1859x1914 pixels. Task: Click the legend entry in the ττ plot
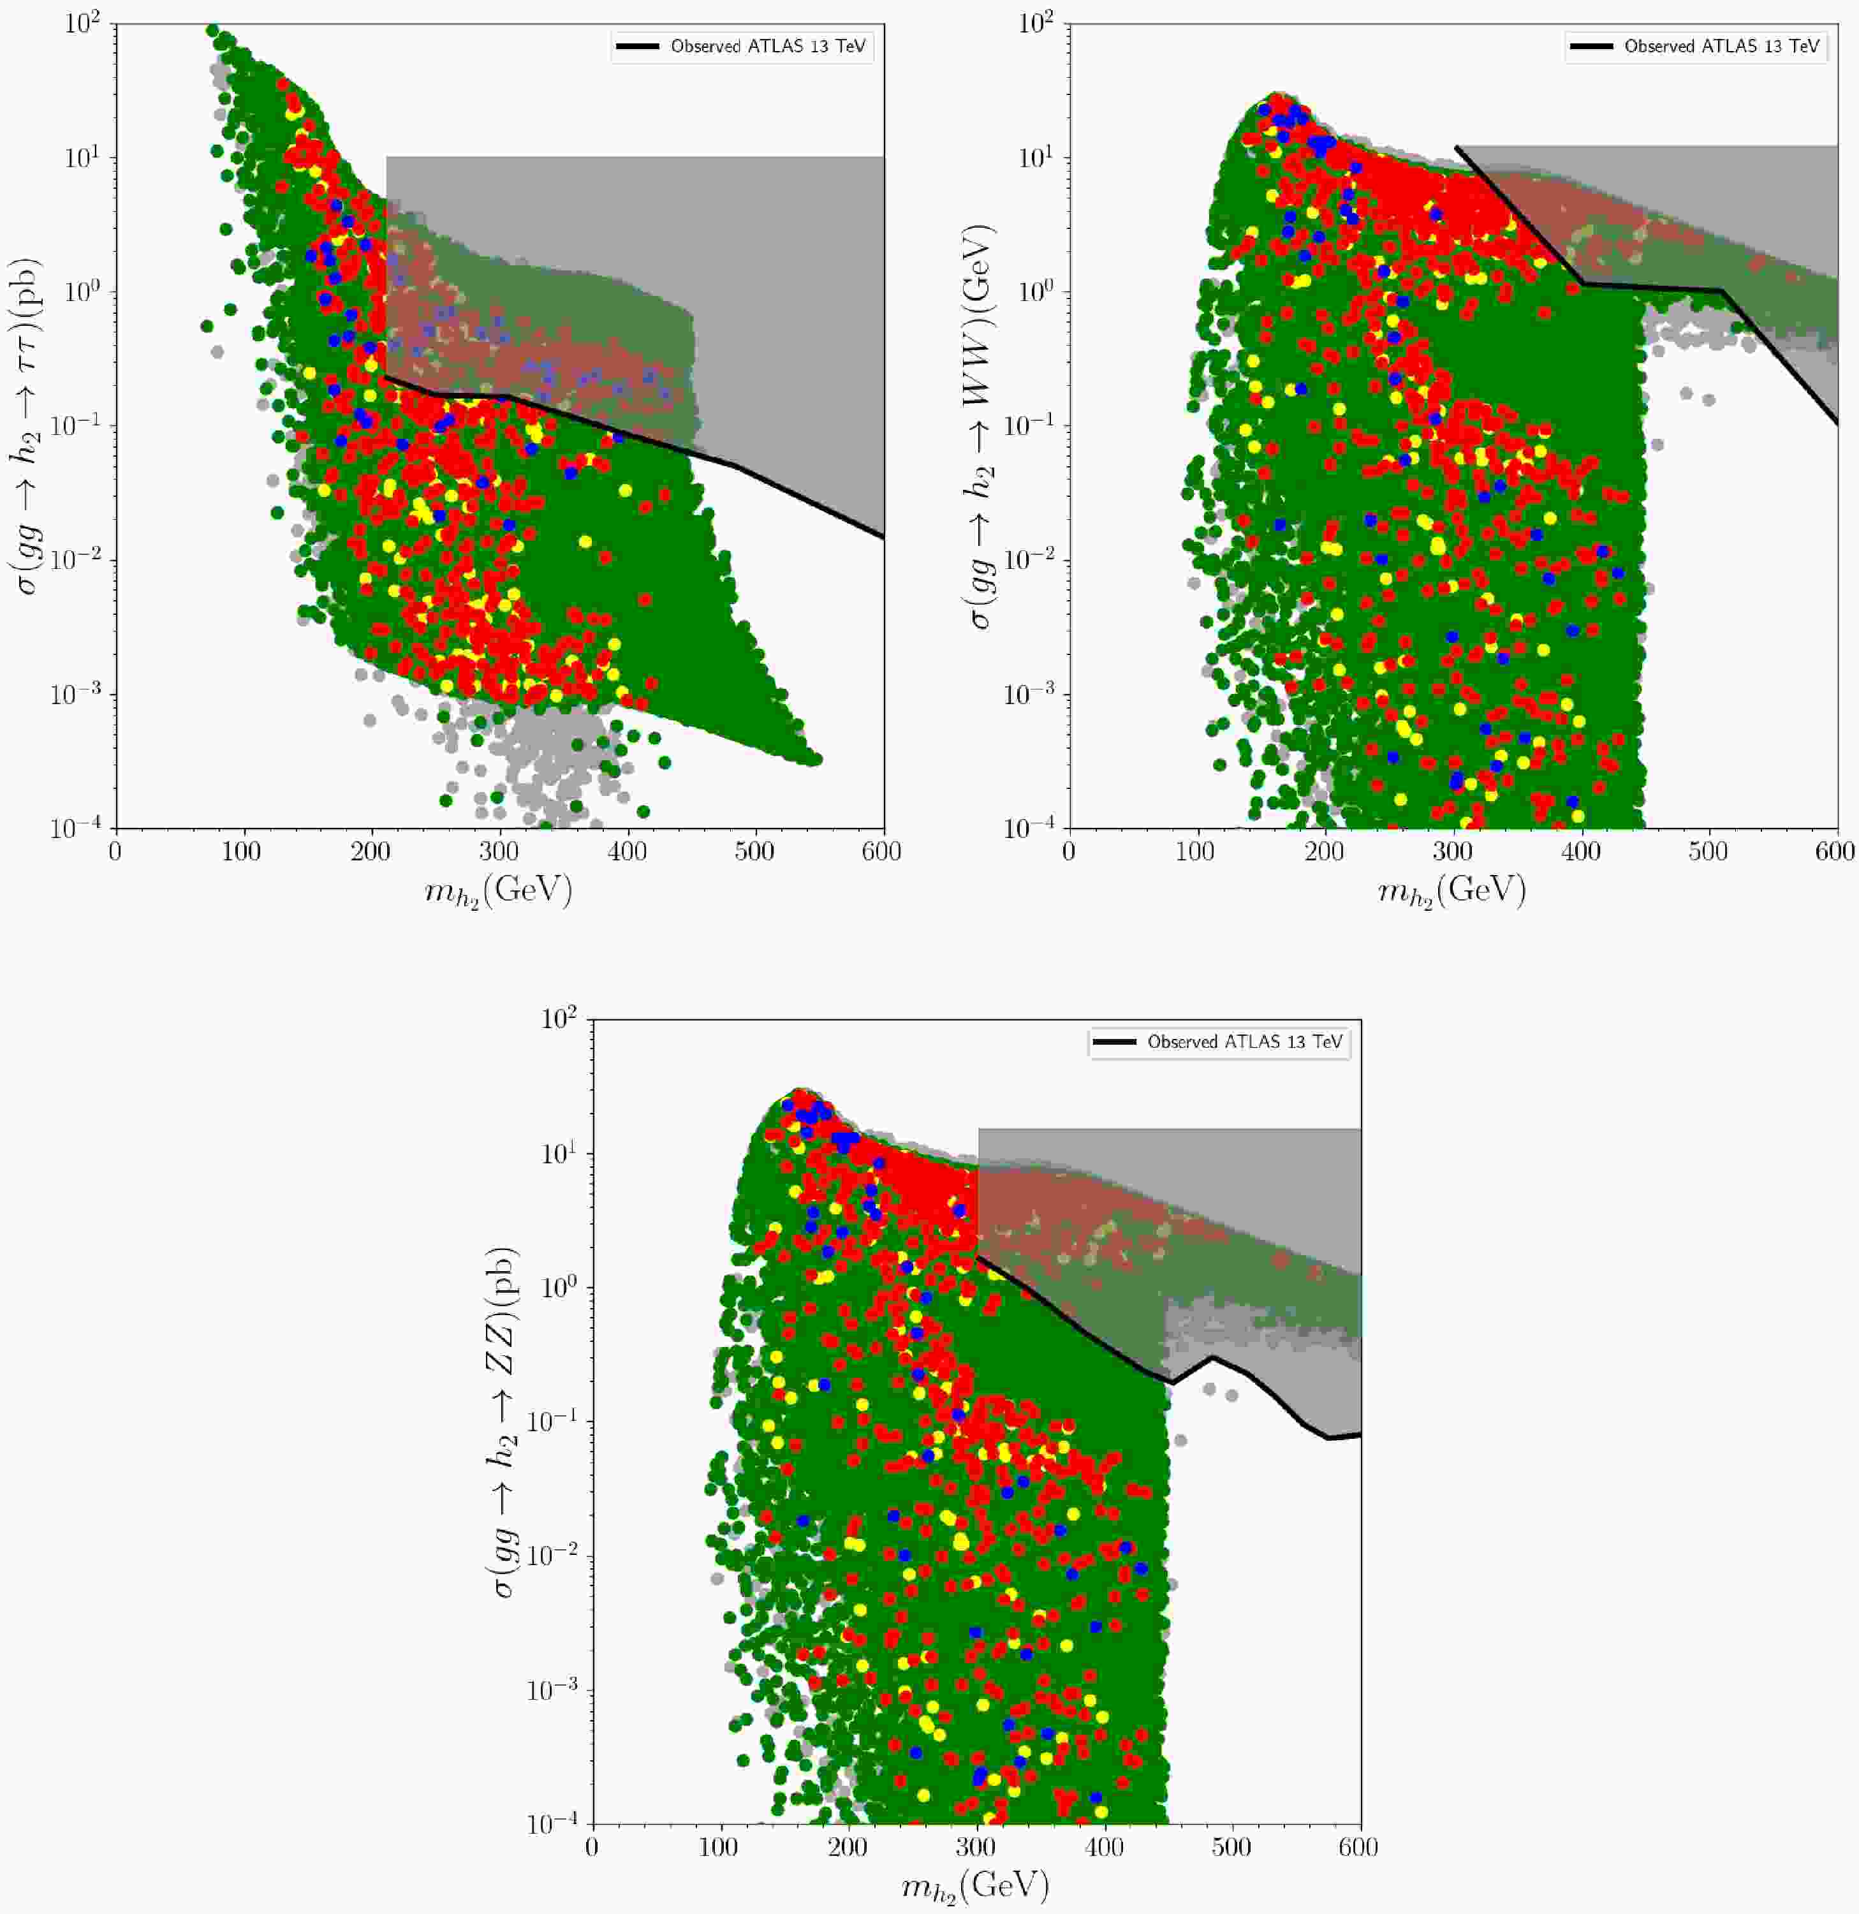pyautogui.click(x=743, y=46)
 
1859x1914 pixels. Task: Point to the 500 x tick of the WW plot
pyautogui.click(x=1710, y=851)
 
